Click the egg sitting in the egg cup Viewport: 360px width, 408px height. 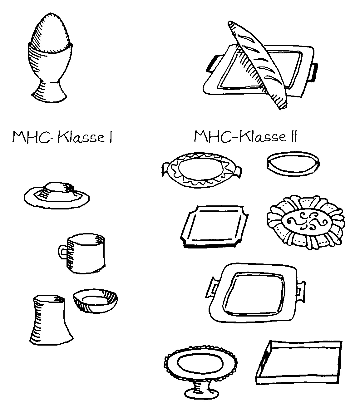[51, 33]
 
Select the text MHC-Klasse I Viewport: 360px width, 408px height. [62, 137]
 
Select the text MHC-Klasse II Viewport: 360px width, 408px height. [245, 136]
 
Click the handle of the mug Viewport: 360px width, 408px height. [62, 252]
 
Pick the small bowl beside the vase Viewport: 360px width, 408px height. [96, 301]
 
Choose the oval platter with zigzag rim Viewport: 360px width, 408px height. [201, 170]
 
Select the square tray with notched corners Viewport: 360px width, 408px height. [215, 227]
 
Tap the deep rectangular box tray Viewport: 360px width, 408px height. [299, 362]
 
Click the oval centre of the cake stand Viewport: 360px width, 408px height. [200, 363]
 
